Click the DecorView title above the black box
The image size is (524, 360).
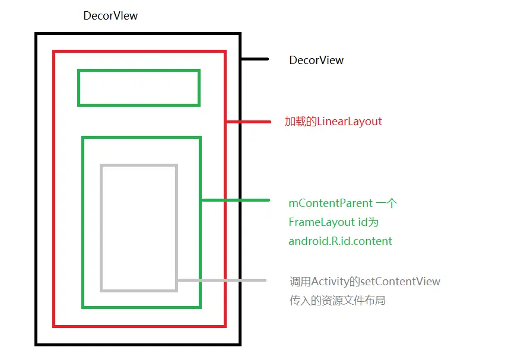[x=110, y=16]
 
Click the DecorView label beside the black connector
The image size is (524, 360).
[x=316, y=60]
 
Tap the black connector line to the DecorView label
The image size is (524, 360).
[x=255, y=59]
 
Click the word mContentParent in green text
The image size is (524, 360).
[x=331, y=203]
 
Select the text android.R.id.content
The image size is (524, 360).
[x=341, y=241]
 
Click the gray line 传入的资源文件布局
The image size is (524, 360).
[x=337, y=301]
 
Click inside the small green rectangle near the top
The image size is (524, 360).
[x=138, y=88]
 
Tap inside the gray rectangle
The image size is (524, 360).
[x=139, y=228]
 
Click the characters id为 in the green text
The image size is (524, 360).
[x=369, y=222]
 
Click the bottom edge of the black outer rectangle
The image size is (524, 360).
[x=138, y=343]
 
